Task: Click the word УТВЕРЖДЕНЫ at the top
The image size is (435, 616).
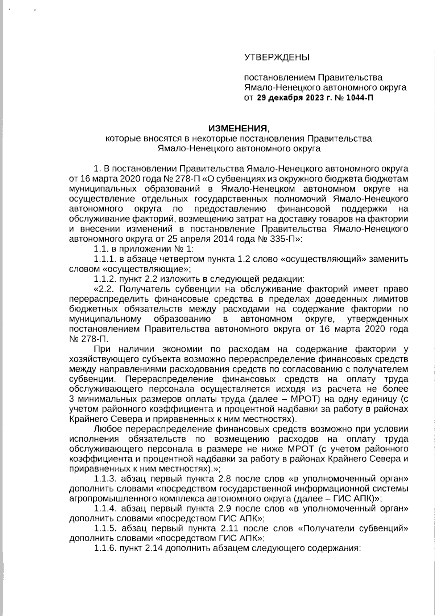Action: coord(277,57)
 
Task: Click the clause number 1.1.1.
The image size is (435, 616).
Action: coord(105,259)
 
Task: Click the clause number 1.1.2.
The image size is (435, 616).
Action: coord(105,279)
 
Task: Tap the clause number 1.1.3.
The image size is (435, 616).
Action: coord(105,477)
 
